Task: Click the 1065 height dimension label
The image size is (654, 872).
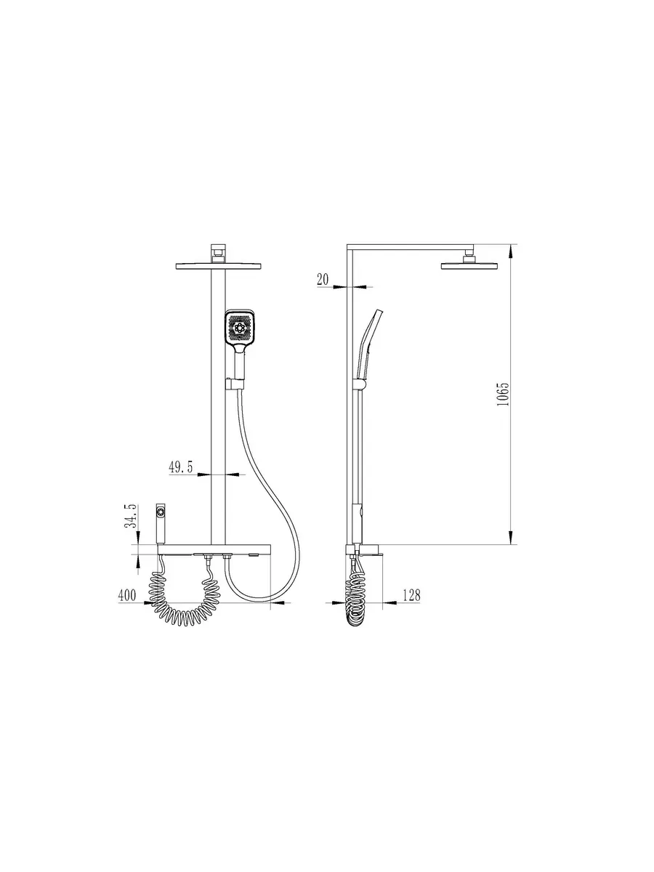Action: (503, 394)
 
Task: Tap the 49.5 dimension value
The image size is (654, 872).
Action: (181, 467)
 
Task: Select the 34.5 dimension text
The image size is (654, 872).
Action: (131, 516)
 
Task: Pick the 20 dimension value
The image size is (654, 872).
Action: (323, 280)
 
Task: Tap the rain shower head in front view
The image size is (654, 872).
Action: (218, 266)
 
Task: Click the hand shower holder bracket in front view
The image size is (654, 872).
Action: (235, 384)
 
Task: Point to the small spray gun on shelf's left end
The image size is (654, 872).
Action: (161, 522)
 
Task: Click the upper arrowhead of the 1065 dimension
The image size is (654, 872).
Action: (511, 251)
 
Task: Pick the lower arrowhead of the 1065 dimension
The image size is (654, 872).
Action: (511, 537)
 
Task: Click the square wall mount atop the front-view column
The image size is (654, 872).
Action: (218, 254)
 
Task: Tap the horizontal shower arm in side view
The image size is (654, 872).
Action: (410, 247)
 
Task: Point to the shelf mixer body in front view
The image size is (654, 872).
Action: (214, 550)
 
